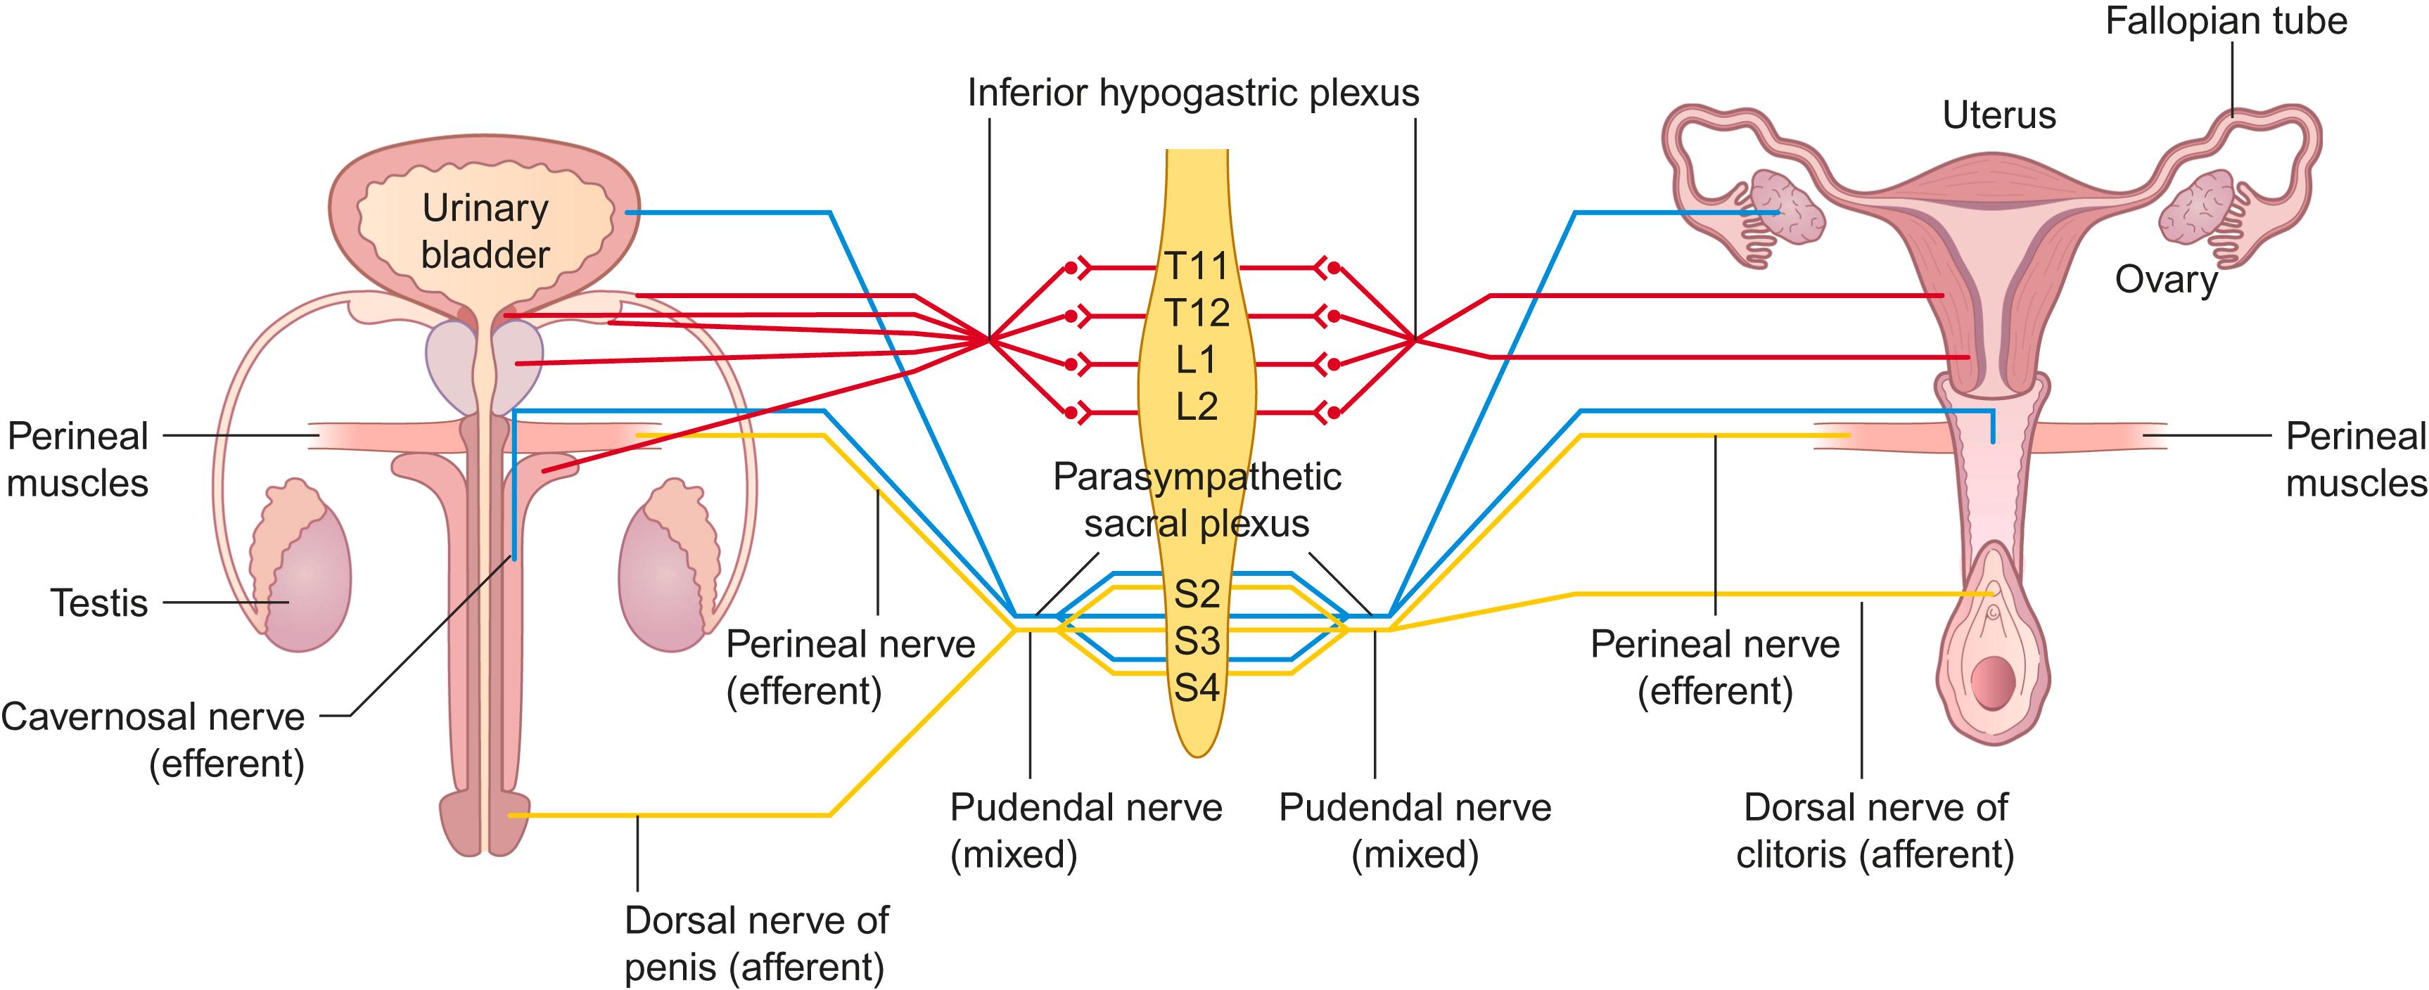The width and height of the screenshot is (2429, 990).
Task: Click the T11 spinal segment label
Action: (x=1197, y=266)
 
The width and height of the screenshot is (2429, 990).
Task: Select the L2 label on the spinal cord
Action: (x=1197, y=407)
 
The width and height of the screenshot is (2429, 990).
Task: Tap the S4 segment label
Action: (x=1197, y=688)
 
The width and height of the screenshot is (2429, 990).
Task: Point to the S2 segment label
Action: (x=1197, y=594)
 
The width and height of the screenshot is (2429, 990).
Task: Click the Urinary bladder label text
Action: (x=485, y=231)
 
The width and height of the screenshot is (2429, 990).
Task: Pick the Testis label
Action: (x=99, y=603)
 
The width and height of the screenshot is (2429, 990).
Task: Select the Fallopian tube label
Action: (x=2226, y=21)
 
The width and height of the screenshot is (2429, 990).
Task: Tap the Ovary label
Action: (x=2166, y=280)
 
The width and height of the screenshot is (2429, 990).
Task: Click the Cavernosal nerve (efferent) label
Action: (x=153, y=740)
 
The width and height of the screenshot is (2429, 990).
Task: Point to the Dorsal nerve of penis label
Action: (x=756, y=944)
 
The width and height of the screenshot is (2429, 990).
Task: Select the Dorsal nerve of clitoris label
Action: (x=1875, y=830)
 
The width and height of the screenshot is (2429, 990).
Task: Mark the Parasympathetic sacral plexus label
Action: (x=1197, y=500)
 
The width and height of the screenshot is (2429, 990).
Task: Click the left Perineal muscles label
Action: (x=77, y=460)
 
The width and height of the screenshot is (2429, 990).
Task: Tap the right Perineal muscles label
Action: (x=2355, y=460)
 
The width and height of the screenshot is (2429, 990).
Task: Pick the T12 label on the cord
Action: (x=1197, y=313)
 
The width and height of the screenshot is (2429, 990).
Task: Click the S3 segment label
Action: (x=1197, y=641)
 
